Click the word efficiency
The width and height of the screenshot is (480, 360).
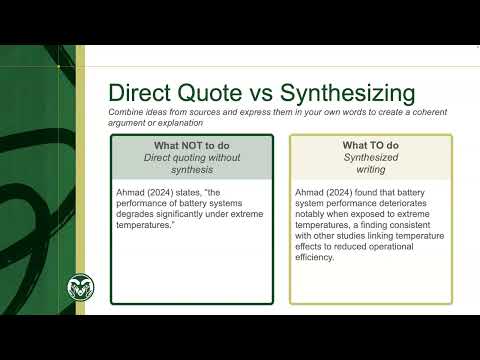tap(319, 257)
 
